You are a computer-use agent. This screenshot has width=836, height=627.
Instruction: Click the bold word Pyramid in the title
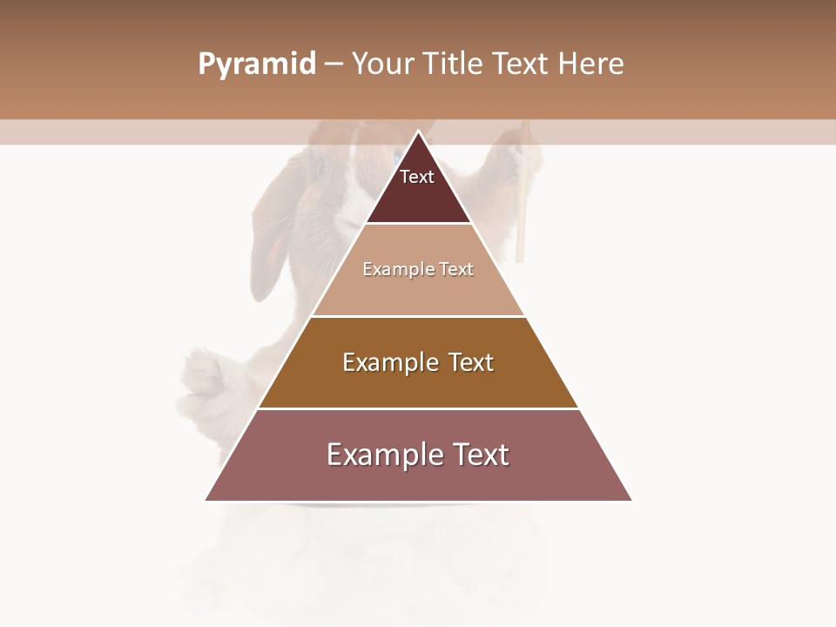256,64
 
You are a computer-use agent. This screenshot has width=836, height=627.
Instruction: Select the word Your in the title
384,64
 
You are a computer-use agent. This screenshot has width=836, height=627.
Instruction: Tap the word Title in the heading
455,64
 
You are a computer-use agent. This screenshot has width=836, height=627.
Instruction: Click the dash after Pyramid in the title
333,64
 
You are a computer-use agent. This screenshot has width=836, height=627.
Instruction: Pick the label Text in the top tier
416,177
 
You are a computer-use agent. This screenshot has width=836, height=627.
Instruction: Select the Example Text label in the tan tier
418,269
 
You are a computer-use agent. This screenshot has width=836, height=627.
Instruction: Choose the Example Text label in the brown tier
418,362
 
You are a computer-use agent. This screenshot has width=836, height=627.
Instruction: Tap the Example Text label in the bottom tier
418,455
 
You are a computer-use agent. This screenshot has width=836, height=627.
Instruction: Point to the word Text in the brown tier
471,362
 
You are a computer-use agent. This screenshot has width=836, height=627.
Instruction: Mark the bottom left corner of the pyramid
206,500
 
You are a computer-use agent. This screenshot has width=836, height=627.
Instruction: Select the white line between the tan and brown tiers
418,316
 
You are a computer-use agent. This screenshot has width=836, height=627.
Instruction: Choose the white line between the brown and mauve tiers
418,408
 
